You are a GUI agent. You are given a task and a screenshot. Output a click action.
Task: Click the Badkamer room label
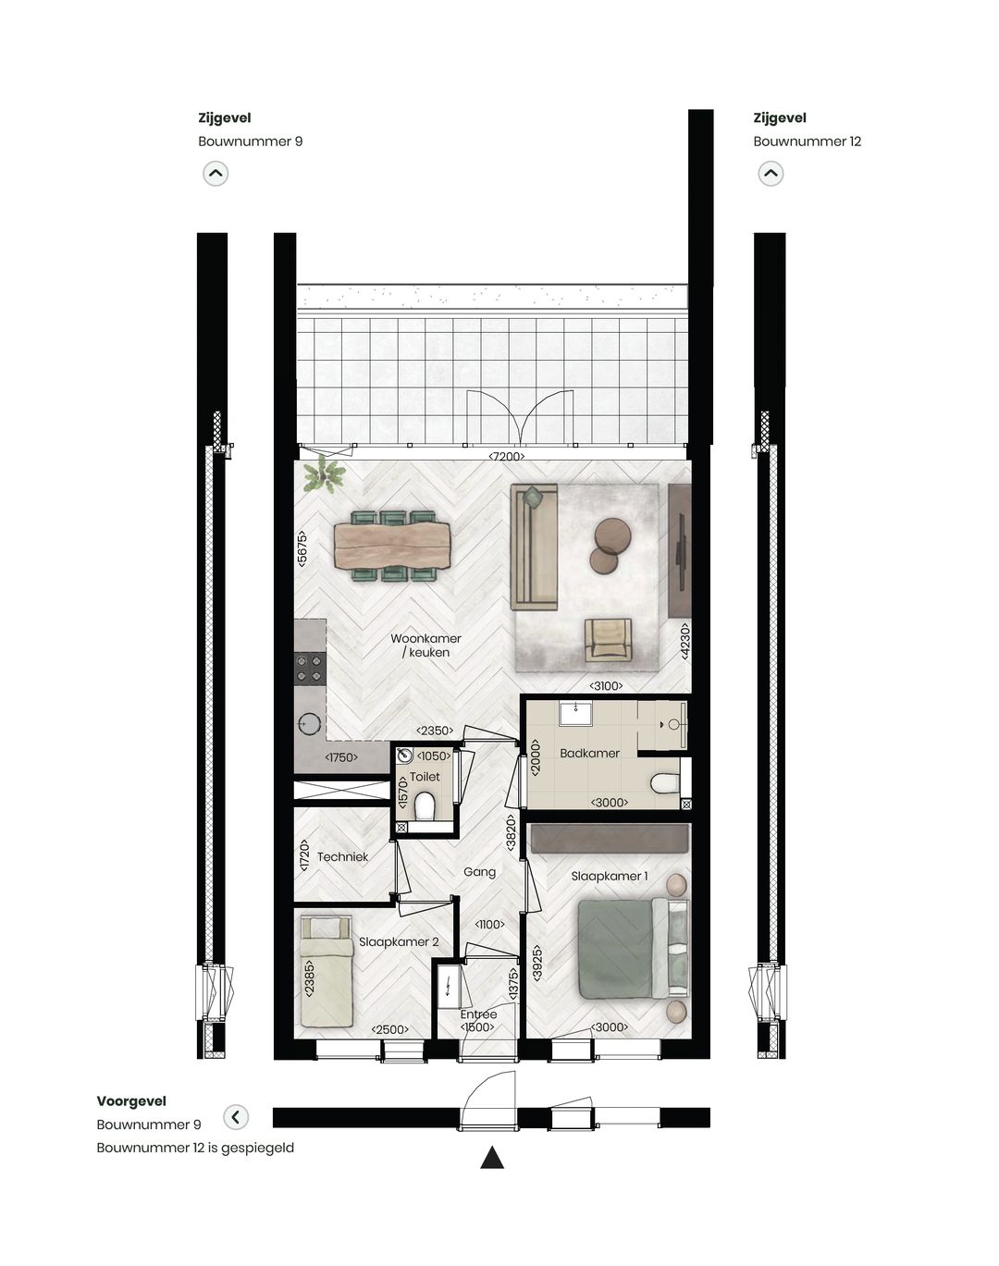589,753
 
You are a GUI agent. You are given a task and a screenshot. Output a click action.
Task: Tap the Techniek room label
342,857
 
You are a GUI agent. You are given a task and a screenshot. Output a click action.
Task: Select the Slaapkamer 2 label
399,941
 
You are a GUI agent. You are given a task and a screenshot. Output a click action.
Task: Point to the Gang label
479,872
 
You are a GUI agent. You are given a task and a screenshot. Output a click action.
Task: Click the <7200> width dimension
507,456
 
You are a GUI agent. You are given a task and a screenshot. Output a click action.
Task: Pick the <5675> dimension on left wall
302,548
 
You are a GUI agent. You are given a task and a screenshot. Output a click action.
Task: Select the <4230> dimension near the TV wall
684,640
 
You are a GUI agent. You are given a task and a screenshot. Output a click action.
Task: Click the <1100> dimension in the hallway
489,924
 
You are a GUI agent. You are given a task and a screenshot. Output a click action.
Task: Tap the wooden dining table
392,546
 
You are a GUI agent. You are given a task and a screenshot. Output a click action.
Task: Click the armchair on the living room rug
608,639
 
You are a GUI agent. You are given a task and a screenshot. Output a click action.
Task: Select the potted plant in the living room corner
324,475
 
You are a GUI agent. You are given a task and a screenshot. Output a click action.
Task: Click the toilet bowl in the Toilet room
425,807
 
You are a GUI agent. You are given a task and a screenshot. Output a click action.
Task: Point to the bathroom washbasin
576,715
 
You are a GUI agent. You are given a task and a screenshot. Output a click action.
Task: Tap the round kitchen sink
309,724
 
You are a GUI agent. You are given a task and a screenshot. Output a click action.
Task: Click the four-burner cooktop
310,669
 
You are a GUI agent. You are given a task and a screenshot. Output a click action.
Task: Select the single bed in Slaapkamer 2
326,971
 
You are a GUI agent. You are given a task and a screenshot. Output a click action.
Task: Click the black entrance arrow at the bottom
492,1157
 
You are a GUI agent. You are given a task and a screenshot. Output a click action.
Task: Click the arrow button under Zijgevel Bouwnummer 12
771,173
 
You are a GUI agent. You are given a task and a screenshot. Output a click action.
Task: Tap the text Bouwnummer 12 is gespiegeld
195,1148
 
